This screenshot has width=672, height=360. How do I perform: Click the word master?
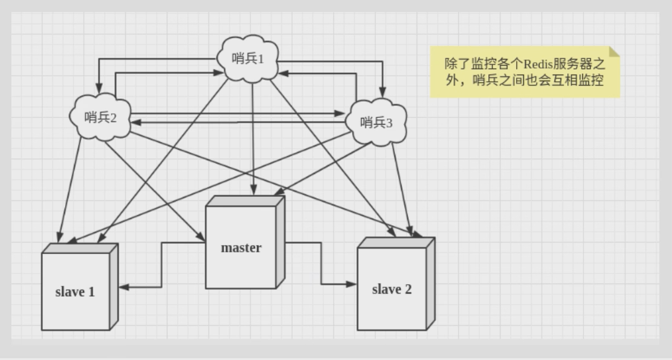(x=241, y=247)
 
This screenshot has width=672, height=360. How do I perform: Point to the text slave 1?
(x=75, y=293)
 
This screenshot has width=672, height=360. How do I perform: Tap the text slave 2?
(x=391, y=290)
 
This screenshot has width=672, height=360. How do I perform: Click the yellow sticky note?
(x=524, y=72)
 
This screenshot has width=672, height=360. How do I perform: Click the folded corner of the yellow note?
(x=614, y=52)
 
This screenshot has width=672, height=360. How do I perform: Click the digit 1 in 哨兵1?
(x=261, y=59)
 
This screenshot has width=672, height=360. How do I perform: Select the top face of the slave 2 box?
(x=396, y=242)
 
